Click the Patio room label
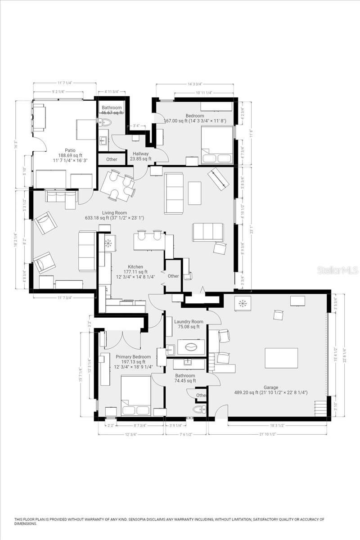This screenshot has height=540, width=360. pyautogui.click(x=70, y=150)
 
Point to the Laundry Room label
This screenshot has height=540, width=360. pyautogui.click(x=189, y=322)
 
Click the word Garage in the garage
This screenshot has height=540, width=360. pyautogui.click(x=271, y=387)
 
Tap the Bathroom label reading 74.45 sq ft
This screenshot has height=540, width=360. pyautogui.click(x=185, y=376)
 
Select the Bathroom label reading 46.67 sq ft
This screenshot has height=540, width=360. pyautogui.click(x=112, y=108)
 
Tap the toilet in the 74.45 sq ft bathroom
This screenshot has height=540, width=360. pyautogui.click(x=198, y=409)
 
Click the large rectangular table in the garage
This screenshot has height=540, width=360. pyautogui.click(x=281, y=358)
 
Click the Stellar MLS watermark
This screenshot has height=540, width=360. pyautogui.click(x=337, y=270)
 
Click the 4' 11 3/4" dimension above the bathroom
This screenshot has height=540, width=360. pyautogui.click(x=108, y=92)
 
